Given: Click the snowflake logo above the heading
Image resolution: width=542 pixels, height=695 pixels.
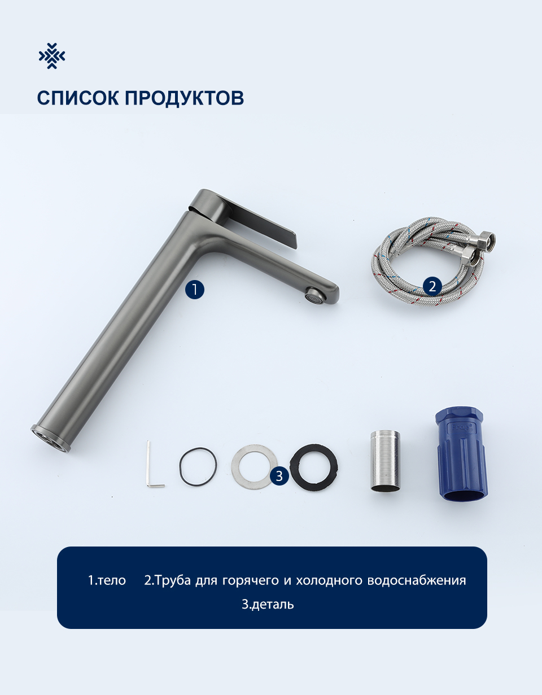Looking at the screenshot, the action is click(x=52, y=56).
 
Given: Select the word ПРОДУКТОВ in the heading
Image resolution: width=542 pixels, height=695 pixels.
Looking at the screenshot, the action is click(x=184, y=98).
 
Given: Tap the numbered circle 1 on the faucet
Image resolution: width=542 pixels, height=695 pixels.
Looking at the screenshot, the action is click(x=194, y=290).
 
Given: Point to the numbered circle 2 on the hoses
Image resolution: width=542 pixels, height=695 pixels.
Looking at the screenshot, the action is click(x=432, y=286).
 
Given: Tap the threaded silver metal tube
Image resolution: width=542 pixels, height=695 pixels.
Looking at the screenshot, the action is click(x=385, y=461).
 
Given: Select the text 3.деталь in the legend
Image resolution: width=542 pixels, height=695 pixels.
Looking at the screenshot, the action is click(x=268, y=604).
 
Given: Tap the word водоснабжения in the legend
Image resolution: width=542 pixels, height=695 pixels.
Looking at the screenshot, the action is click(x=417, y=580).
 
